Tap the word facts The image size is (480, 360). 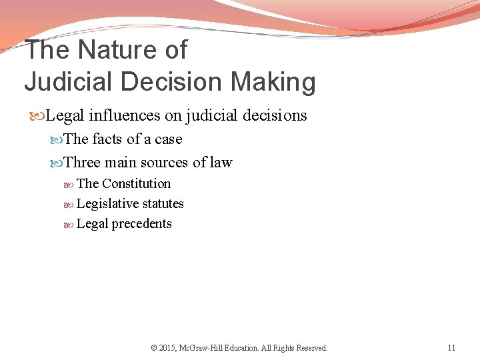point(107,139)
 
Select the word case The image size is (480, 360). point(168,139)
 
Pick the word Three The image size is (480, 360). point(82,162)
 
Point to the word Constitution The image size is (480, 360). point(136,183)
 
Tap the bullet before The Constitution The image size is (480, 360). point(70,184)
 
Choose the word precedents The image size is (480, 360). point(141,223)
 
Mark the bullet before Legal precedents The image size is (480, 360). point(70,224)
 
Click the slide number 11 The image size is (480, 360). point(451,347)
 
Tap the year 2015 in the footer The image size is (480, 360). point(167,347)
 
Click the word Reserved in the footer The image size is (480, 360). point(311,347)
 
